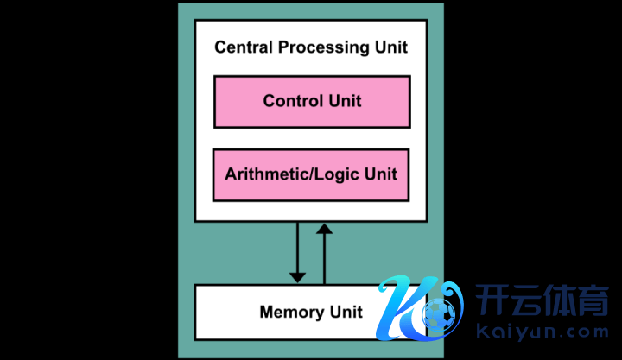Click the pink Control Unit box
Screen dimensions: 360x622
point(311,101)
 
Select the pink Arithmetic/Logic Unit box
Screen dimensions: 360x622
point(311,174)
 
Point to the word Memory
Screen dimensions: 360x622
point(292,312)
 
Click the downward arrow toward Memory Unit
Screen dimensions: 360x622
point(297,250)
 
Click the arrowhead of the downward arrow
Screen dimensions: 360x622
point(297,276)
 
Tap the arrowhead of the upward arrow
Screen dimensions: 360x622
point(324,228)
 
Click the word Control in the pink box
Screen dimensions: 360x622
point(292,101)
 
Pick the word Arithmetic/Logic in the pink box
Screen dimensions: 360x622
point(293,174)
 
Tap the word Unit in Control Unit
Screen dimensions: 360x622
point(345,101)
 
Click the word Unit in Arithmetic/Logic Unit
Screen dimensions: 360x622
point(381,174)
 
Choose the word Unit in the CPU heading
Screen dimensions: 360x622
point(390,47)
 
